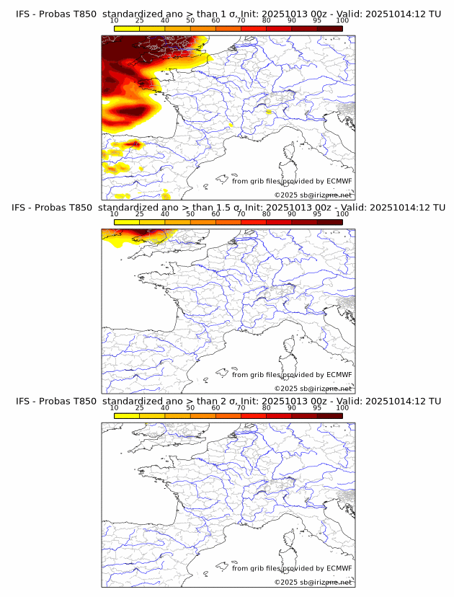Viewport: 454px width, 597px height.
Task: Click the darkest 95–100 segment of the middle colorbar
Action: click(329, 223)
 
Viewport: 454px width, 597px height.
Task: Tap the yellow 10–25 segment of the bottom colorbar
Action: click(126, 417)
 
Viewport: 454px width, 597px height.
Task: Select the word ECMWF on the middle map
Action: click(339, 375)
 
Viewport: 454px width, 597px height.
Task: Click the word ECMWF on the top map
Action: click(339, 181)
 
